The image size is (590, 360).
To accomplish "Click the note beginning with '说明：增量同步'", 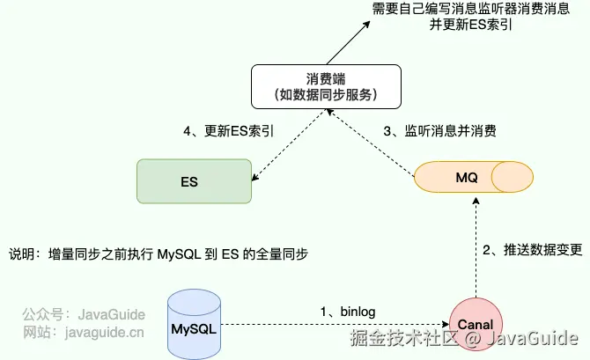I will [158, 253].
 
